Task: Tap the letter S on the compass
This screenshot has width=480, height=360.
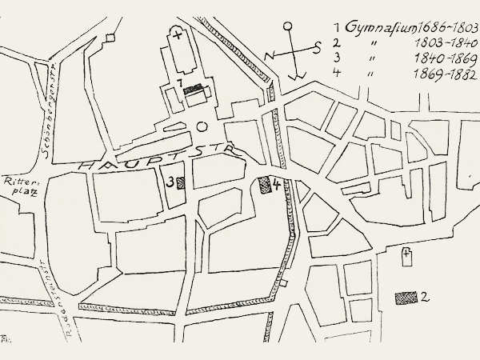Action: [318, 47]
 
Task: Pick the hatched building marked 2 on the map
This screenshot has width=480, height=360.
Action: [407, 297]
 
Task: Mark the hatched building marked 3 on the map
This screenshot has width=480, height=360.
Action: [182, 182]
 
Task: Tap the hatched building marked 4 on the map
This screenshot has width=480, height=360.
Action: [266, 186]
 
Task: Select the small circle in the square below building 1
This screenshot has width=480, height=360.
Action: [202, 126]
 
